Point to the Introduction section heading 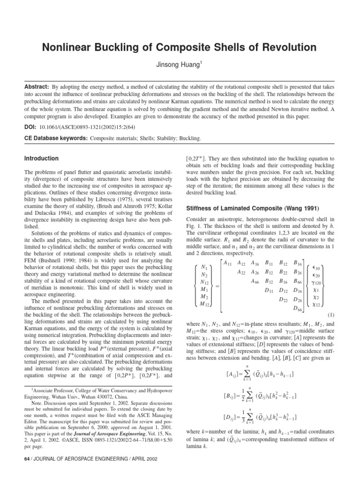[x=41, y=158]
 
